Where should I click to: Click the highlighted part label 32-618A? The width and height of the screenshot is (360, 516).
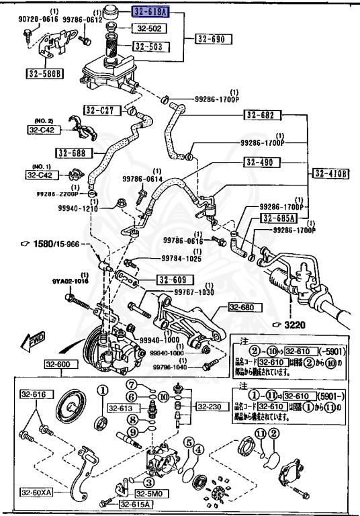[152, 12]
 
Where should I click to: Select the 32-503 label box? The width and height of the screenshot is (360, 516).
[151, 46]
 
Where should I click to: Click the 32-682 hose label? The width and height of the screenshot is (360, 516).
[259, 116]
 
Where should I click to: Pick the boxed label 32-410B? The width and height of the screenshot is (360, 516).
[331, 173]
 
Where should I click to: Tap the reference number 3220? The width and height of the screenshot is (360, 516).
[294, 325]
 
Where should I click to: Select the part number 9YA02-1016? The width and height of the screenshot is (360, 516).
[34, 282]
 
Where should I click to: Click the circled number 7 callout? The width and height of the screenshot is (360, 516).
[133, 384]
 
